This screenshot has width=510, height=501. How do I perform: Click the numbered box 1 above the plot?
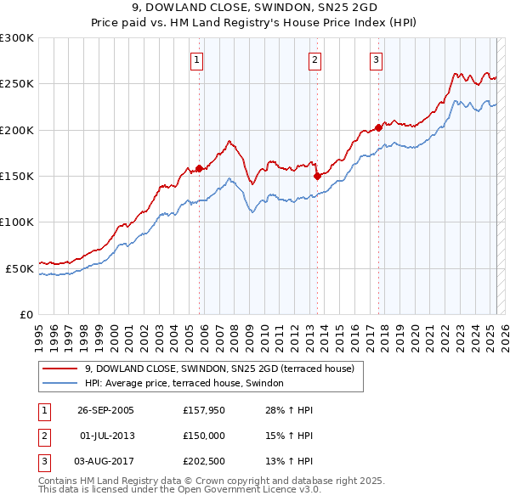[x=196, y=59]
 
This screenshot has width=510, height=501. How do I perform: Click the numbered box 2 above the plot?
[x=314, y=59]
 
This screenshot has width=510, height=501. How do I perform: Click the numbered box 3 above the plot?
[x=376, y=59]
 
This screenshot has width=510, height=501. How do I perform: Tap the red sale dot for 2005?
[x=200, y=169]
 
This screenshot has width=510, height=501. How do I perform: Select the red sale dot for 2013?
[x=317, y=177]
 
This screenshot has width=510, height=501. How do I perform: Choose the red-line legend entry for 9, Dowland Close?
[x=224, y=369]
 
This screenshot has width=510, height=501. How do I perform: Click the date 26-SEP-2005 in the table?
[x=105, y=410]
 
